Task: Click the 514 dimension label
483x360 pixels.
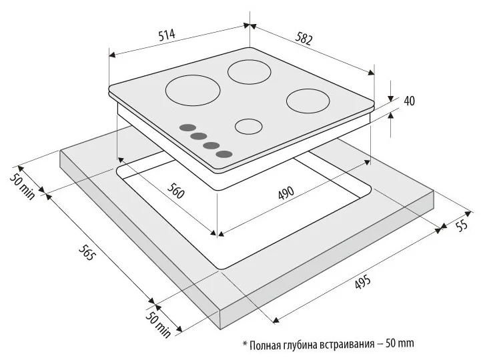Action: point(167,34)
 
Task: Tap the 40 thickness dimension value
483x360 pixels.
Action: point(409,101)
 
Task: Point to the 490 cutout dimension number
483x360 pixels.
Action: point(286,193)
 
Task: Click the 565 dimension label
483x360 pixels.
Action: point(86,252)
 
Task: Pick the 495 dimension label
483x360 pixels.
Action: point(362,282)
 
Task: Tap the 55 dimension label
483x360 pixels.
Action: point(462,225)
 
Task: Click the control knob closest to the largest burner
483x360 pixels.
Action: point(187,128)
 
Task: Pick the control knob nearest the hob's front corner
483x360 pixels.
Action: point(224,154)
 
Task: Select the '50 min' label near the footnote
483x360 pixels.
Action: point(157,324)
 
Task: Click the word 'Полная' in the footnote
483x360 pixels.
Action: point(264,345)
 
